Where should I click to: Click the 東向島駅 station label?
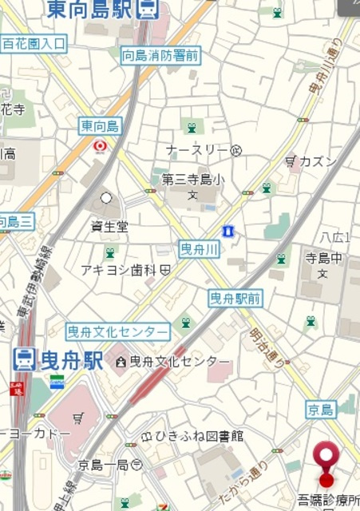point(89,9)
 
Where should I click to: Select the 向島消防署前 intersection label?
point(160,55)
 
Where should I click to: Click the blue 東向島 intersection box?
point(100,125)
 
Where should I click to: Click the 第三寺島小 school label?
point(192,180)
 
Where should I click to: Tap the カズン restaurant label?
point(318,161)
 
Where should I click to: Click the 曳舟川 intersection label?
point(199,248)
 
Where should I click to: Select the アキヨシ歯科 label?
point(119,271)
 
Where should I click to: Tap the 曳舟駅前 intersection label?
point(235,299)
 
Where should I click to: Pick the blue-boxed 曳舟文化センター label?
point(118,331)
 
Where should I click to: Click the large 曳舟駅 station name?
point(71,360)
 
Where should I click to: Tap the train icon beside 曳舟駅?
point(24,360)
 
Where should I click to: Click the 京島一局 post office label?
point(104,464)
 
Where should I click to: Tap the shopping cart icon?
point(78,417)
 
